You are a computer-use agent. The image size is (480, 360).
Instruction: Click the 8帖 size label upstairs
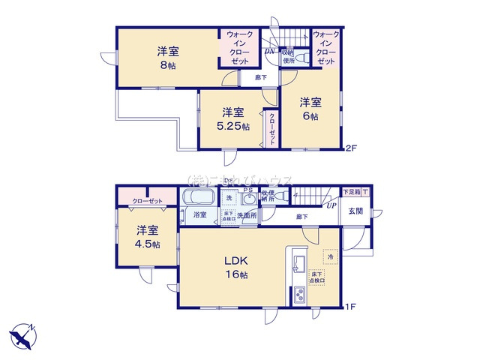167,65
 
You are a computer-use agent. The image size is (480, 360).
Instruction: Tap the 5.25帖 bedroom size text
230,126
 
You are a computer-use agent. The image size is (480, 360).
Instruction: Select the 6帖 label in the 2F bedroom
310,117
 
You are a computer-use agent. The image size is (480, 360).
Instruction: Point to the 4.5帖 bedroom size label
146,244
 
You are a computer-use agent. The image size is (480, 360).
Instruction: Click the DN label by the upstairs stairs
270,51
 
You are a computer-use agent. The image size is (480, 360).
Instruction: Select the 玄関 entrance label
355,211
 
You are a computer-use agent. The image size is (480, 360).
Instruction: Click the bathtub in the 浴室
200,199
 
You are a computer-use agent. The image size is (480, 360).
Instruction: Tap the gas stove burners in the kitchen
298,295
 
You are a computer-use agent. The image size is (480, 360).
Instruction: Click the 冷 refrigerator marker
329,257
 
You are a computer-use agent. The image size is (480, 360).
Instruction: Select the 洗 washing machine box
230,197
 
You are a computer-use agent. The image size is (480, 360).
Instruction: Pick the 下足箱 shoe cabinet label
350,192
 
